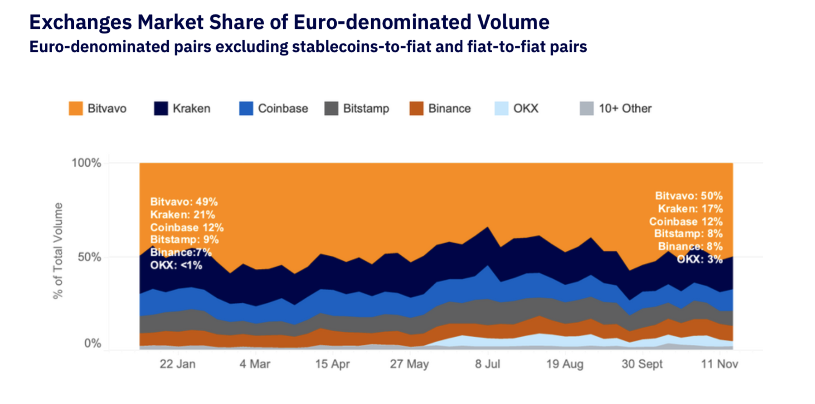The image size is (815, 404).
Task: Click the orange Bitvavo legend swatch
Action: click(x=76, y=108)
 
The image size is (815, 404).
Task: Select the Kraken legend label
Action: click(x=191, y=108)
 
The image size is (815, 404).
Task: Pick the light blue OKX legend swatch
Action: click(x=501, y=108)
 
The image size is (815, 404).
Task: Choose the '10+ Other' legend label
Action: click(x=625, y=108)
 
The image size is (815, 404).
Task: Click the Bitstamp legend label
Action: click(x=366, y=108)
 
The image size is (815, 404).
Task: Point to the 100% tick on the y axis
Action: click(x=86, y=163)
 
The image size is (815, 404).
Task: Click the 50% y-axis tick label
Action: click(x=89, y=257)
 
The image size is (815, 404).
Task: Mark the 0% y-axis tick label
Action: click(x=92, y=343)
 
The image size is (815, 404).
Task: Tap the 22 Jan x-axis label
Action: click(x=177, y=364)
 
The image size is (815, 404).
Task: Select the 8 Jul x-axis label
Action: click(x=488, y=364)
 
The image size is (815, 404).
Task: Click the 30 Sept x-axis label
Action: click(x=642, y=364)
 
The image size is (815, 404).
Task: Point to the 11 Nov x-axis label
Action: click(x=719, y=364)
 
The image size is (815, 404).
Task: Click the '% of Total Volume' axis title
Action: click(x=58, y=251)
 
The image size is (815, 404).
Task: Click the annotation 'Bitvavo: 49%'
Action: click(x=184, y=202)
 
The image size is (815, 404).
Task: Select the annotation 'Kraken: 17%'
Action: click(x=690, y=209)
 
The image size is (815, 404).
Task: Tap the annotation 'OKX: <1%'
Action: click(x=176, y=265)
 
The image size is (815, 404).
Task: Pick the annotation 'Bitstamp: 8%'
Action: click(x=688, y=234)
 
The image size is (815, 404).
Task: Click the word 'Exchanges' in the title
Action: click(x=80, y=22)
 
